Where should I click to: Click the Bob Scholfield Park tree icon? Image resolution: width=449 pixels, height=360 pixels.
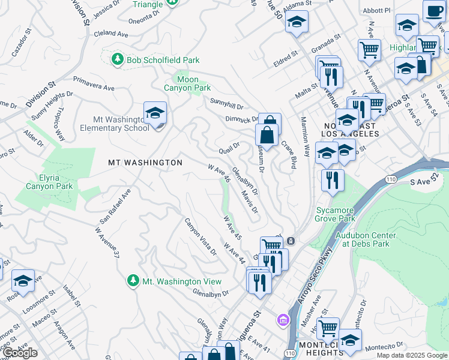[x=117, y=59]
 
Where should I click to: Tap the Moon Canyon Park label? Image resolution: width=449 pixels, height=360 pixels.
[x=187, y=83]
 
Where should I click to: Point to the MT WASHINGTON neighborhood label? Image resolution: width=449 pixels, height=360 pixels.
[x=145, y=163]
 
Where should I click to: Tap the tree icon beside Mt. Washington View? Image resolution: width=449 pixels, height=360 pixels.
[x=133, y=281]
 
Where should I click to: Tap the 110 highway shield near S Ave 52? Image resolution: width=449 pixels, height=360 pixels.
[x=391, y=179]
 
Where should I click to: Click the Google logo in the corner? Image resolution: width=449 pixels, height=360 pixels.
[x=20, y=353]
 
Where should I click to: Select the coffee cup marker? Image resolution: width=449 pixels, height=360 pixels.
[x=433, y=10]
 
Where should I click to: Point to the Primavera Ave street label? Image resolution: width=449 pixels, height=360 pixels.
[x=94, y=83]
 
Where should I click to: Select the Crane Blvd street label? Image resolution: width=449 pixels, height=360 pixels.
[x=289, y=154]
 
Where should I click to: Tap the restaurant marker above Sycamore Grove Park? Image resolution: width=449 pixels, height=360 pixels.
[x=332, y=180]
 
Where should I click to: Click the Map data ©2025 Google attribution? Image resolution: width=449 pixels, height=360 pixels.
[x=411, y=355]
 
